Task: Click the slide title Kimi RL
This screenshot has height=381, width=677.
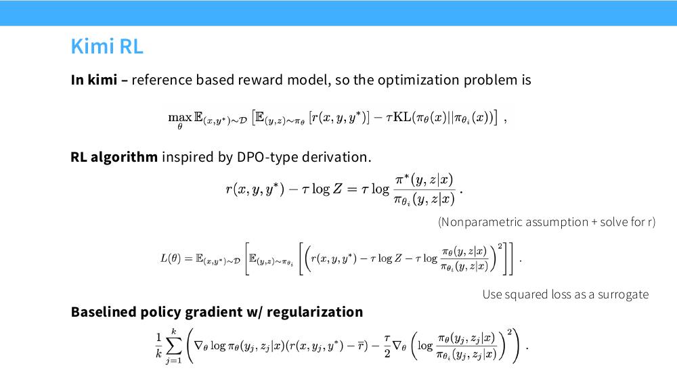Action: pos(107,46)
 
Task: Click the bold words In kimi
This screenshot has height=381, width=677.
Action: pos(94,80)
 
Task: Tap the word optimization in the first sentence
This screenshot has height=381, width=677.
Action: pos(418,81)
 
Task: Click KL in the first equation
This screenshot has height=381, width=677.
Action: pos(402,117)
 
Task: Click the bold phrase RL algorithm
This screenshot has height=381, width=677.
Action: pos(114,157)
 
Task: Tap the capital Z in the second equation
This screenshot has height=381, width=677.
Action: pos(336,189)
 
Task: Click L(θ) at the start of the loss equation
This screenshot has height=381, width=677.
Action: pos(171,259)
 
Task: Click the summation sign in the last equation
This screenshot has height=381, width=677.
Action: pos(174,346)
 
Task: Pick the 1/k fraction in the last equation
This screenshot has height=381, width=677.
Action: pos(158,345)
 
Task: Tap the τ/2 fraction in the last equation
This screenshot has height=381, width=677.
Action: pos(387,346)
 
